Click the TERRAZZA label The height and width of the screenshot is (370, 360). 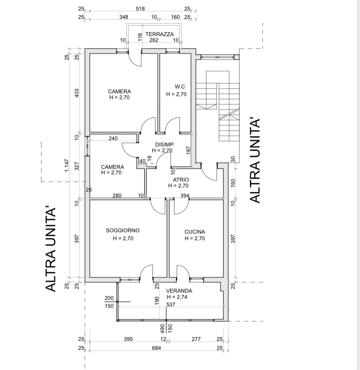(159, 34)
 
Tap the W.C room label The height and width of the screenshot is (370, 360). (180, 87)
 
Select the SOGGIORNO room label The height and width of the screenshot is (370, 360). (123, 230)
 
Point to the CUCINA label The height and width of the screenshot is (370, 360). (195, 232)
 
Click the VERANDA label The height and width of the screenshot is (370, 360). (179, 291)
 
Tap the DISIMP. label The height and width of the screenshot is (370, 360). (165, 144)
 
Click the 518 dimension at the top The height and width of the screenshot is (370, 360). (140, 9)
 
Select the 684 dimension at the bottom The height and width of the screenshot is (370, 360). (156, 348)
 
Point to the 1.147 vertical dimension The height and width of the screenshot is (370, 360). (67, 165)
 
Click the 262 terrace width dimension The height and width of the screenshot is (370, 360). (154, 40)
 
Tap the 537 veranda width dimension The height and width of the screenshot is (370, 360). (171, 304)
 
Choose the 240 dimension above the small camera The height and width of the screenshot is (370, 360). (113, 138)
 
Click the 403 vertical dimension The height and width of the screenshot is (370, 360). (77, 93)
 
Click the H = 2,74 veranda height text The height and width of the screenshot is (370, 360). (177, 297)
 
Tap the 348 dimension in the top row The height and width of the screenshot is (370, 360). (124, 17)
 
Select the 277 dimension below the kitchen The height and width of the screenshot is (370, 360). (196, 339)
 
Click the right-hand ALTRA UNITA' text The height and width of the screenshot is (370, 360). (255, 161)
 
